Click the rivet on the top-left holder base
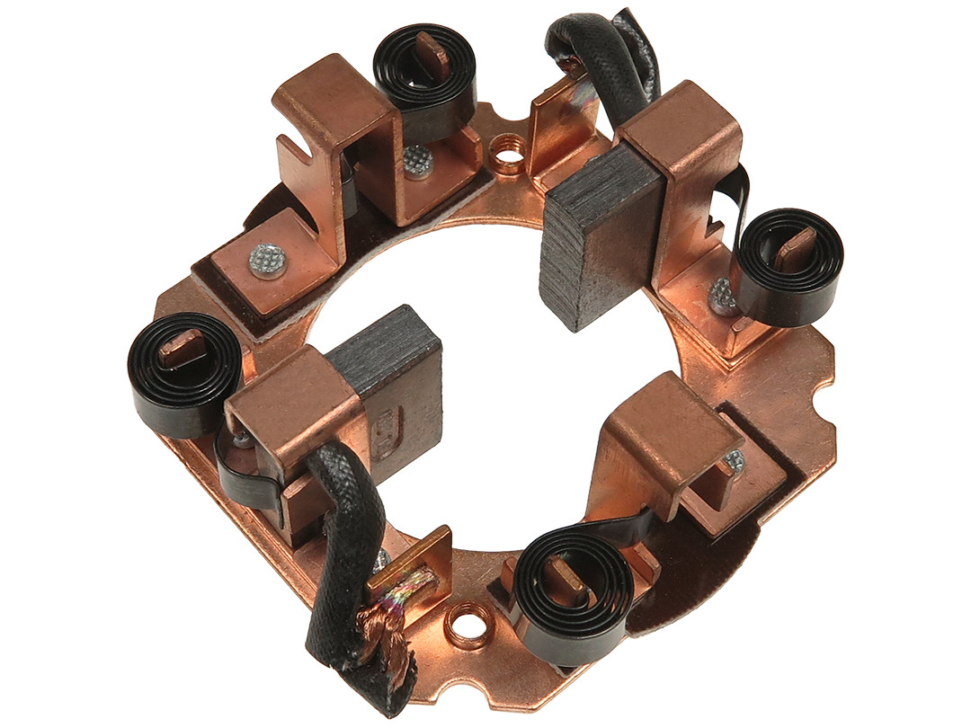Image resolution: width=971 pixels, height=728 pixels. (x=267, y=261)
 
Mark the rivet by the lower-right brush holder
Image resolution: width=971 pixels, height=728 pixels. (x=733, y=460)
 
